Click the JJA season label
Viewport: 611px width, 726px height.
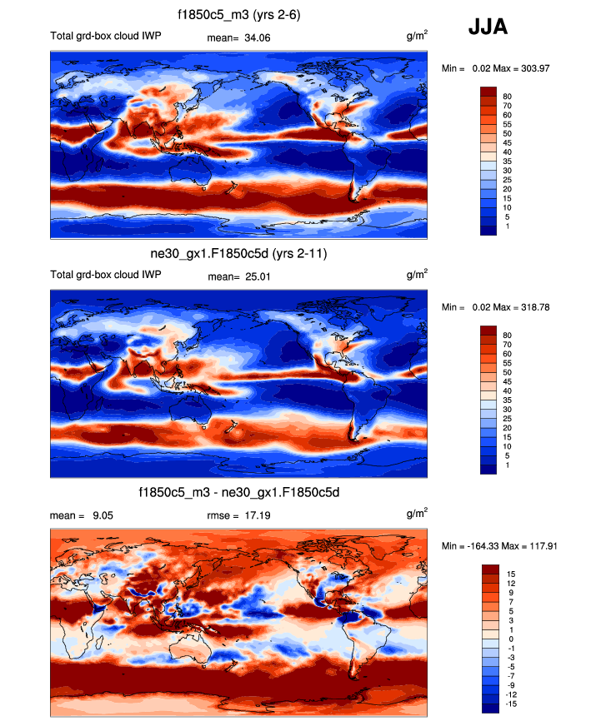pos(488,27)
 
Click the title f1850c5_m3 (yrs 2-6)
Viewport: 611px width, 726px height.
pos(239,15)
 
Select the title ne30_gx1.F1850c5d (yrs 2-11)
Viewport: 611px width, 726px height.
pos(239,253)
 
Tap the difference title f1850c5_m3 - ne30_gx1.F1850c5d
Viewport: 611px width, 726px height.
pos(239,494)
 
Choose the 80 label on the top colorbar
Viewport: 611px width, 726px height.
pos(506,97)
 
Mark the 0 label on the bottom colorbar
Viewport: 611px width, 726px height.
pos(508,639)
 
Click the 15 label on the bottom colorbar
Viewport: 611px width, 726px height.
pos(508,574)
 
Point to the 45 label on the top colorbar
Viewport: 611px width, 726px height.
pos(506,142)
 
